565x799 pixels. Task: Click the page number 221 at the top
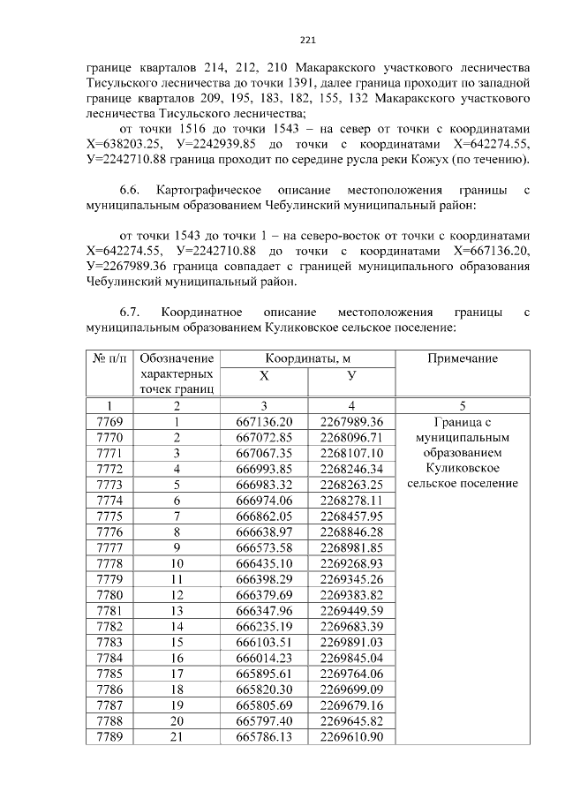[x=308, y=40]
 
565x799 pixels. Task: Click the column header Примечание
[x=462, y=358]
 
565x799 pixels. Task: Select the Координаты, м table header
[x=307, y=358]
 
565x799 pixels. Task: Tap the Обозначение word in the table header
[x=177, y=358]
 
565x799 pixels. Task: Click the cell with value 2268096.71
[x=352, y=437]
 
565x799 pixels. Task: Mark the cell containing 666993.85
[x=264, y=468]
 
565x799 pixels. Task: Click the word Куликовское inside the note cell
[x=462, y=468]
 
